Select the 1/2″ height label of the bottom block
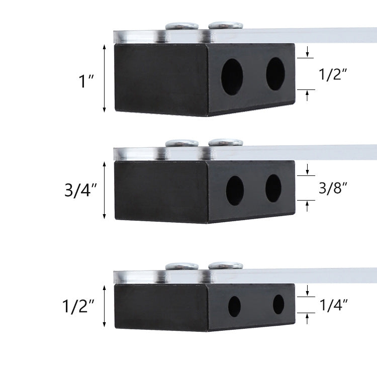(78, 306)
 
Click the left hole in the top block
(232, 76)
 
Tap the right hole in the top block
(275, 74)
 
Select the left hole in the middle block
(235, 191)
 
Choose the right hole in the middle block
(273, 188)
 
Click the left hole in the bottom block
(234, 306)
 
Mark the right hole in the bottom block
(278, 304)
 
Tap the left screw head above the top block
(181, 26)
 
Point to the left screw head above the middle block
(181, 143)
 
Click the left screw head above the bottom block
(181, 267)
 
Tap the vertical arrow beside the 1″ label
(104, 78)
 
